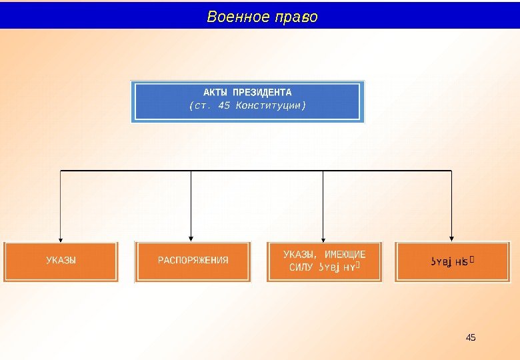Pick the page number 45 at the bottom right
(471, 337)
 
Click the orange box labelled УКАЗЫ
(61, 261)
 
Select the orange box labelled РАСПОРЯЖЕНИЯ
(193, 261)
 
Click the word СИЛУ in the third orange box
(302, 268)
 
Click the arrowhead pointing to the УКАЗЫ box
(61, 238)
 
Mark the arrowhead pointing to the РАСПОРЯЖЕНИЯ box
(191, 238)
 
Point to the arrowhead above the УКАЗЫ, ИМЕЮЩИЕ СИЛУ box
(323, 238)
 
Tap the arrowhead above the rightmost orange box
(452, 238)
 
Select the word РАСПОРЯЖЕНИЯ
(193, 260)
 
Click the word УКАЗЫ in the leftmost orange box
(61, 260)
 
